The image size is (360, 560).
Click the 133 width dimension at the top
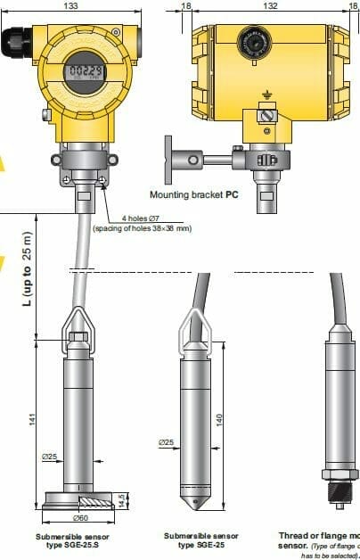coord(84,5)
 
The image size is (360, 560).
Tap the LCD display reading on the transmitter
coord(84,71)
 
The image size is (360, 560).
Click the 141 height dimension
coord(33,420)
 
